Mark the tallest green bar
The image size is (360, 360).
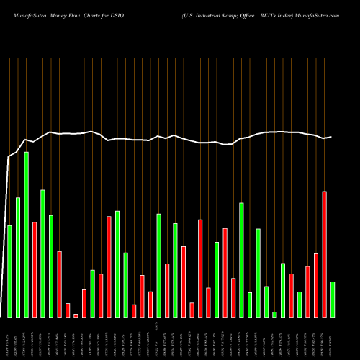[27, 234]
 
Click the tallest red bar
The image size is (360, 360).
[324, 253]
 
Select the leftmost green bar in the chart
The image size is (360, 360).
[9, 271]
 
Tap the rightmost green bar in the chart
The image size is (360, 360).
[333, 299]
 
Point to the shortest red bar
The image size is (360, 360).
[76, 315]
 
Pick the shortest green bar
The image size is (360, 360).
[274, 314]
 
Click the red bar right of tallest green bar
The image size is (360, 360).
[35, 269]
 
